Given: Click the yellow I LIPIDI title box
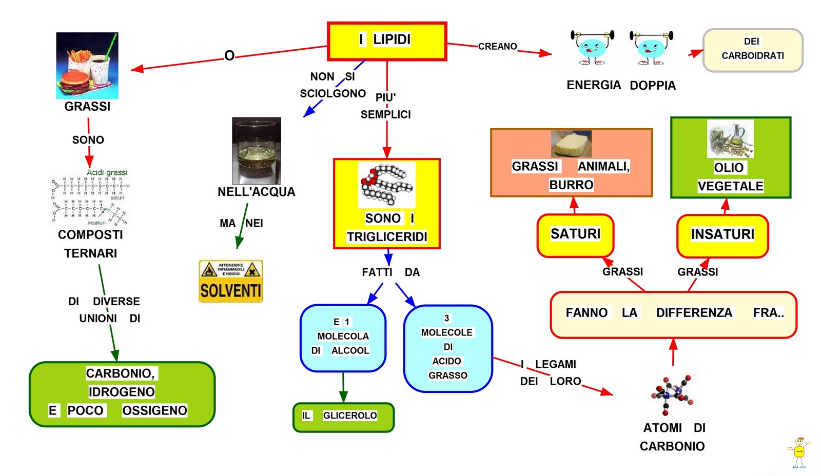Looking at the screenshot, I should (x=387, y=41).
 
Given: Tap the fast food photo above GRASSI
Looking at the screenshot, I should (x=87, y=66).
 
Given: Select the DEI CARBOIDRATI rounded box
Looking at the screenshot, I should (x=752, y=50).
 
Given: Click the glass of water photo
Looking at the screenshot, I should (x=257, y=151).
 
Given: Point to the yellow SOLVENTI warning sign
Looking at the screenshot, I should (x=231, y=281).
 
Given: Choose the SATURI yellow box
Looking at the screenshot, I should (x=575, y=235).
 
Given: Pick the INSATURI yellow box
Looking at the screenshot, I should (x=722, y=235).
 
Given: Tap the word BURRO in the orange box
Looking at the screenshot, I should (x=571, y=185).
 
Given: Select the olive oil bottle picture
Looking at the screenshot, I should (x=730, y=139).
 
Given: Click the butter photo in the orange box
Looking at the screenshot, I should (x=571, y=144).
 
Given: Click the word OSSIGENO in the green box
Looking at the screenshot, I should (x=154, y=410).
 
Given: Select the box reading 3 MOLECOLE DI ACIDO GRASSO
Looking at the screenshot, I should (x=447, y=348).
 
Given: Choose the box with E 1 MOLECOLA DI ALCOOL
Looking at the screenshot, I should (x=343, y=338).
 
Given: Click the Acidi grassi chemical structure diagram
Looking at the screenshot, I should (x=90, y=197).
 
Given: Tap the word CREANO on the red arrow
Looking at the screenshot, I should (x=497, y=47).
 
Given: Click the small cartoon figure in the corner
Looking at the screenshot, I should (x=798, y=451).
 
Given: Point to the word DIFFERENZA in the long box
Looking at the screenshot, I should (x=694, y=313).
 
